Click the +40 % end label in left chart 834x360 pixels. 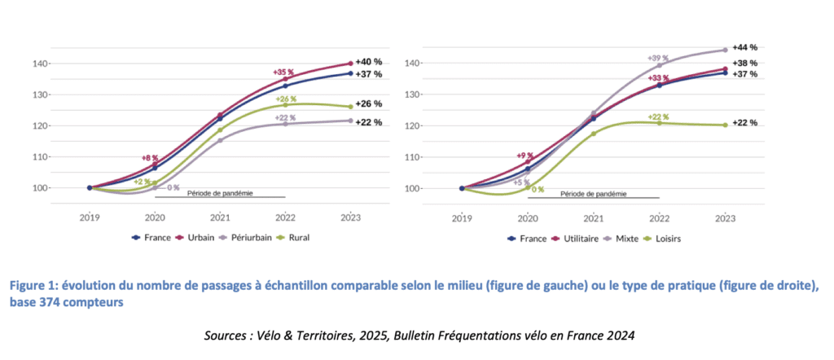click(x=369, y=62)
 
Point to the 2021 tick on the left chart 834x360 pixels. click(x=220, y=218)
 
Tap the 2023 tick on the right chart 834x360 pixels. click(x=725, y=218)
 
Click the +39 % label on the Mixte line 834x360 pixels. click(x=658, y=59)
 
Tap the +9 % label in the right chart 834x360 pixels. click(x=525, y=156)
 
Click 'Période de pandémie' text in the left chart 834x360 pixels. click(x=220, y=193)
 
